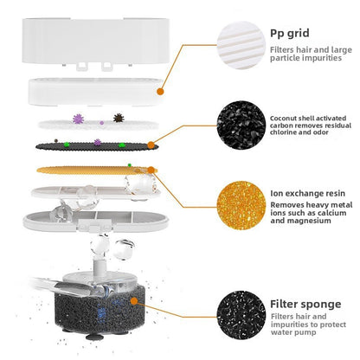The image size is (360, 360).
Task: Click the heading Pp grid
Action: pos(289,34)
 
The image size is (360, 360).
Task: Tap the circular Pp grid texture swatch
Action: pos(241,45)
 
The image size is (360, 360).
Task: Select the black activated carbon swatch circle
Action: pos(241,125)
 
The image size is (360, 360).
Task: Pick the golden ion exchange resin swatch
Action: pos(241,205)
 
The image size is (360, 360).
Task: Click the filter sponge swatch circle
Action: pos(241,315)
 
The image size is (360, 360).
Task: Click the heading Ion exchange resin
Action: pos(307,193)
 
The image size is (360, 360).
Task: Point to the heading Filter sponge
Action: pos(305,304)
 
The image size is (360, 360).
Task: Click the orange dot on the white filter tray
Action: pos(160,92)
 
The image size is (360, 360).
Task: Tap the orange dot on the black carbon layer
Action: pos(151,145)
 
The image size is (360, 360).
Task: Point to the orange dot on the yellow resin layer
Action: pos(151,170)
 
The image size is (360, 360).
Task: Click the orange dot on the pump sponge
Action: pos(134,301)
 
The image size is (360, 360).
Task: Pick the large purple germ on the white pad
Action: pos(78,119)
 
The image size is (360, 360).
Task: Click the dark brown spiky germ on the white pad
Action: pos(119,118)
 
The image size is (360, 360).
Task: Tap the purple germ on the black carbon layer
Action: pos(98,142)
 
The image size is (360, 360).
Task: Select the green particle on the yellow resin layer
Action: pos(130,165)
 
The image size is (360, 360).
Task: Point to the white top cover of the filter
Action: pos(95,42)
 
